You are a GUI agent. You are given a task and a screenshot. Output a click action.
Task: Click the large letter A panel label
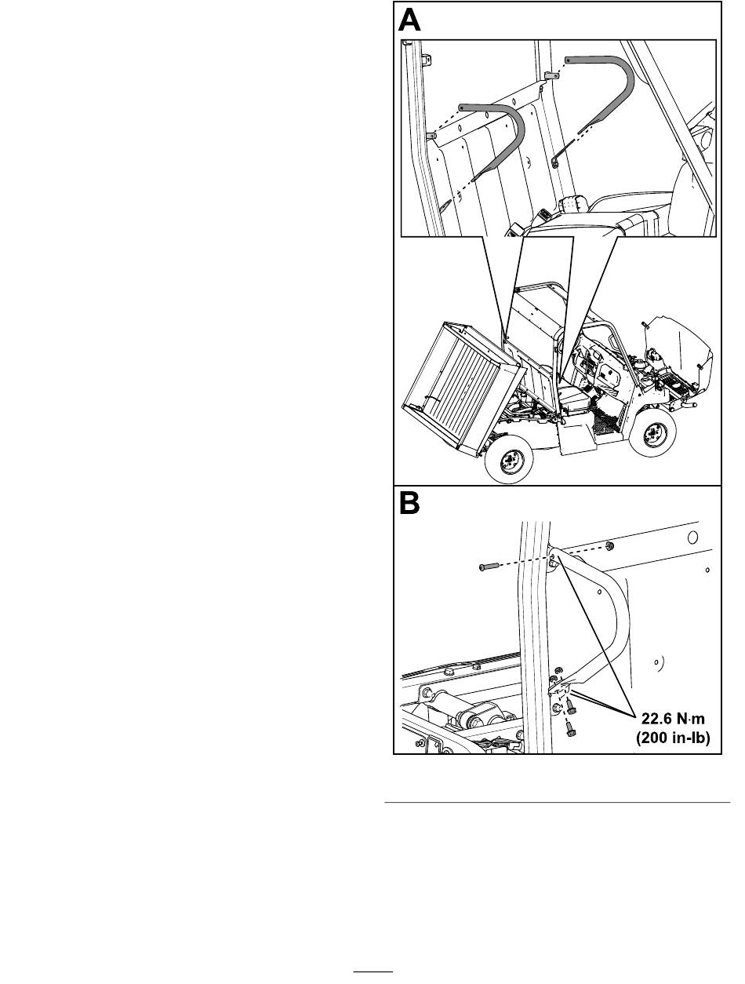pos(409,20)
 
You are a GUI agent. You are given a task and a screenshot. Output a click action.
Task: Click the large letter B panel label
pos(409,503)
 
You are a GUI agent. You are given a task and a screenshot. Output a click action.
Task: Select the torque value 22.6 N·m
pos(673,719)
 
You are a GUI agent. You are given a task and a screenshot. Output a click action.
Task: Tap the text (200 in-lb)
pos(673,738)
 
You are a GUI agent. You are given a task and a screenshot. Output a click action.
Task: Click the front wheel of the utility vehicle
pos(653,433)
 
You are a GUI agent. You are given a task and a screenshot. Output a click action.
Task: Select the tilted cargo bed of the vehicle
pos(464,388)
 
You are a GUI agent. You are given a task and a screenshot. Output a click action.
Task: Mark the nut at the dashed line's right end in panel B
pos(609,546)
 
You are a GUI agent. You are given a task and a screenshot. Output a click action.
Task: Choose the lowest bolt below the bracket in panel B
pos(570,731)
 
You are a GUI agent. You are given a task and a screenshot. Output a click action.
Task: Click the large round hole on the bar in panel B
pos(692,537)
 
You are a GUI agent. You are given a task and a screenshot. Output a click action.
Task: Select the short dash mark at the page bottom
pos(373,971)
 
